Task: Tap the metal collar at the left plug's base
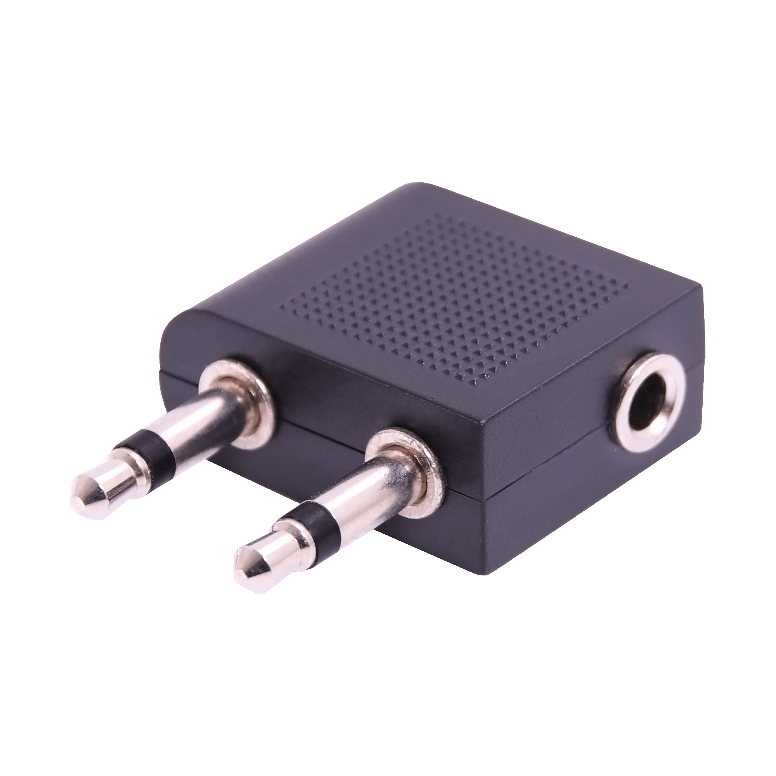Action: (x=237, y=391)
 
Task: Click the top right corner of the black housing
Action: (x=701, y=287)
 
